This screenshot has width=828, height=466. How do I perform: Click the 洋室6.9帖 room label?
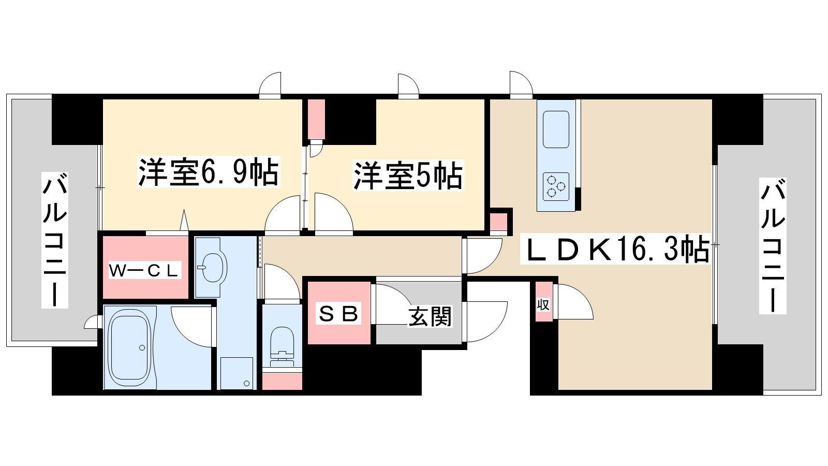pyautogui.click(x=208, y=172)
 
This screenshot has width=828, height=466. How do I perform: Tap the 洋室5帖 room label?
pyautogui.click(x=408, y=176)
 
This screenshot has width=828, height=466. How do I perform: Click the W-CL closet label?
pyautogui.click(x=144, y=270)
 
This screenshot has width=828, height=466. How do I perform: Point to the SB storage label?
pyautogui.click(x=339, y=313)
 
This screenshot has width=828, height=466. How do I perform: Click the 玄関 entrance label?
pyautogui.click(x=430, y=316)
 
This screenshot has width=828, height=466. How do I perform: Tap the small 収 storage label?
pyautogui.click(x=543, y=304)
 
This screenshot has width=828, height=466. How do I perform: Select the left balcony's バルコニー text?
pyautogui.click(x=55, y=241)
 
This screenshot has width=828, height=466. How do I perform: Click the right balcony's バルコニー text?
pyautogui.click(x=773, y=246)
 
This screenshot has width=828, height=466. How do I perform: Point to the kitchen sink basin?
pyautogui.click(x=556, y=129)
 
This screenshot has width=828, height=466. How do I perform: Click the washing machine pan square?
pyautogui.click(x=237, y=373)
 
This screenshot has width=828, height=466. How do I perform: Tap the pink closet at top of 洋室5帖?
pyautogui.click(x=316, y=119)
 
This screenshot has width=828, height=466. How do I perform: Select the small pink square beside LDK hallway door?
pyautogui.click(x=499, y=222)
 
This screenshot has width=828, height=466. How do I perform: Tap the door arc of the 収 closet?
pyautogui.click(x=574, y=303)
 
